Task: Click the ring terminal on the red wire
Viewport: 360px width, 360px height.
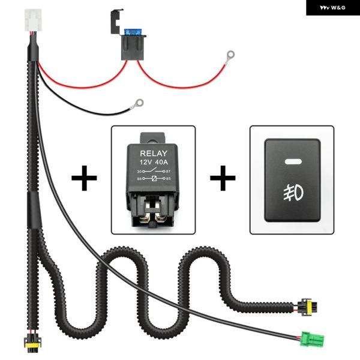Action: [229, 55]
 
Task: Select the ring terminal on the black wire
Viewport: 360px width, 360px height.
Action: [139, 103]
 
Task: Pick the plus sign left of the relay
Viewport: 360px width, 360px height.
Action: [84, 179]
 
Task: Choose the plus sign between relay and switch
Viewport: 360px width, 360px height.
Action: [223, 179]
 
